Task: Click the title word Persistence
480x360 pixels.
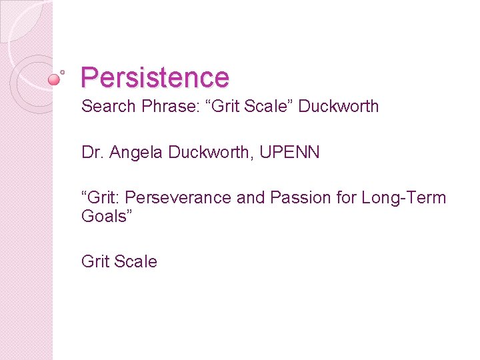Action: pos(155,77)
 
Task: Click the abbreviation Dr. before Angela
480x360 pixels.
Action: pos(91,152)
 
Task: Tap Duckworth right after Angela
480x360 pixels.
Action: pos(206,152)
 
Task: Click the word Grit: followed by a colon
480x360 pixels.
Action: pos(101,198)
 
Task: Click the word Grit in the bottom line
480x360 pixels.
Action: pos(95,262)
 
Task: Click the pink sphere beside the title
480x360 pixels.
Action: pos(54,79)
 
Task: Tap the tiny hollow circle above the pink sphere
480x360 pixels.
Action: pos(62,71)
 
